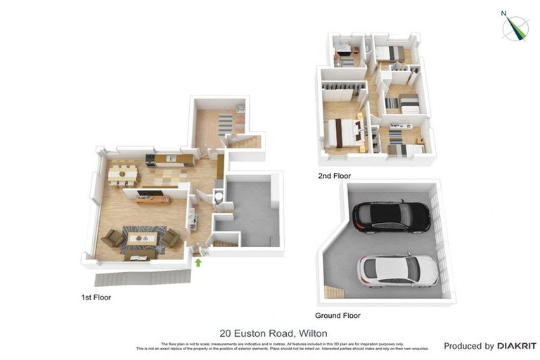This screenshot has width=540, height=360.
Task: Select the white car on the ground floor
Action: tap(397, 271)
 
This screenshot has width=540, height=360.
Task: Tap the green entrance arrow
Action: tap(198, 263)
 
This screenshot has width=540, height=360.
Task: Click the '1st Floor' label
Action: tap(96, 297)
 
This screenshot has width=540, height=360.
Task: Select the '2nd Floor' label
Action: tap(334, 176)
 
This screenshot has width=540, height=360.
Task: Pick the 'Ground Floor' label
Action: tap(339, 316)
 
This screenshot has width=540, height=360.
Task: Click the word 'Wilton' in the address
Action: tap(313, 333)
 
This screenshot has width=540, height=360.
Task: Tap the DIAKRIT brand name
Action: tap(517, 346)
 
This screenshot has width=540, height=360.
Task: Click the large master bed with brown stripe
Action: tap(343, 132)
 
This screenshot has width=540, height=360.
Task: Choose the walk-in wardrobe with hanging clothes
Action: tap(344, 93)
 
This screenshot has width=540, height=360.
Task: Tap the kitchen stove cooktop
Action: tap(150, 157)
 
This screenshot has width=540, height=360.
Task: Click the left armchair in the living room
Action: tap(112, 238)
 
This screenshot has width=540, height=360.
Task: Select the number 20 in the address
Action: tap(226, 333)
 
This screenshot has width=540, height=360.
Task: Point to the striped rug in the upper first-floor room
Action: tap(225, 125)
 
